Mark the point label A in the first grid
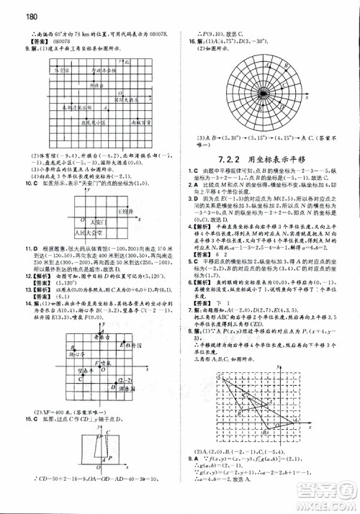[x=106, y=106]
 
